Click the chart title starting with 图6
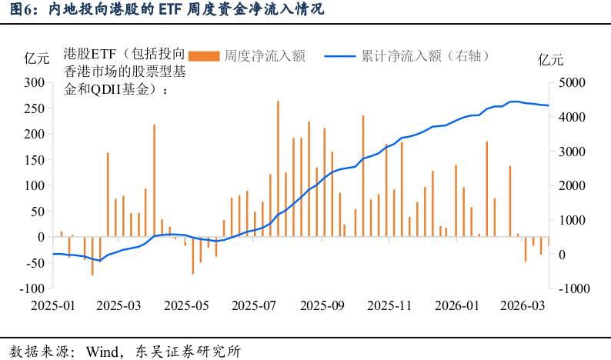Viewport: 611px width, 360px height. [162, 9]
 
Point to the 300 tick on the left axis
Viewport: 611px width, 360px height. [32, 82]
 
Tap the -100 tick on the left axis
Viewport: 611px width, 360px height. [30, 288]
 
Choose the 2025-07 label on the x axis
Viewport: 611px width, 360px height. [255, 305]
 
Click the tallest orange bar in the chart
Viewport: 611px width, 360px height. [278, 168]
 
